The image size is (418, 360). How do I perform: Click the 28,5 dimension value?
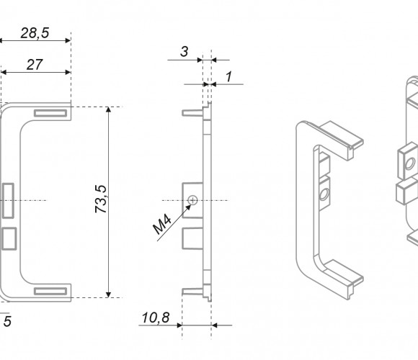tap(35, 33)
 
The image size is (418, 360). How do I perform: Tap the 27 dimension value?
tap(35, 65)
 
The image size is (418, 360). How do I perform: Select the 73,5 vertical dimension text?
tap(101, 199)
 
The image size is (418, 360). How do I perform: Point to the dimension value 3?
tap(184, 51)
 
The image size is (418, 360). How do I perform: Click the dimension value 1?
tap(228, 77)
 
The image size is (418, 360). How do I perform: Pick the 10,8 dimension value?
tap(156, 318)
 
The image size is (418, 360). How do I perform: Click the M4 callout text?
tap(162, 225)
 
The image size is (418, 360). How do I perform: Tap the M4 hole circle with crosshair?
tap(192, 200)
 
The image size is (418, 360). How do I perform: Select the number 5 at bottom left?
tap(7, 321)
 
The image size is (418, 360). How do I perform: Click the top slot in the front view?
tap(50, 113)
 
